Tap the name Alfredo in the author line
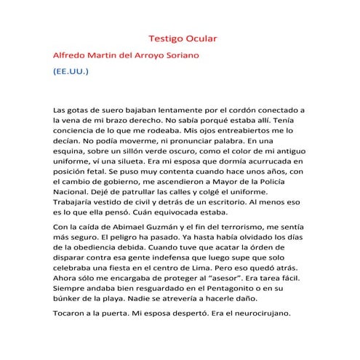(x=72, y=55)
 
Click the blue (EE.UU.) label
(x=70, y=73)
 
